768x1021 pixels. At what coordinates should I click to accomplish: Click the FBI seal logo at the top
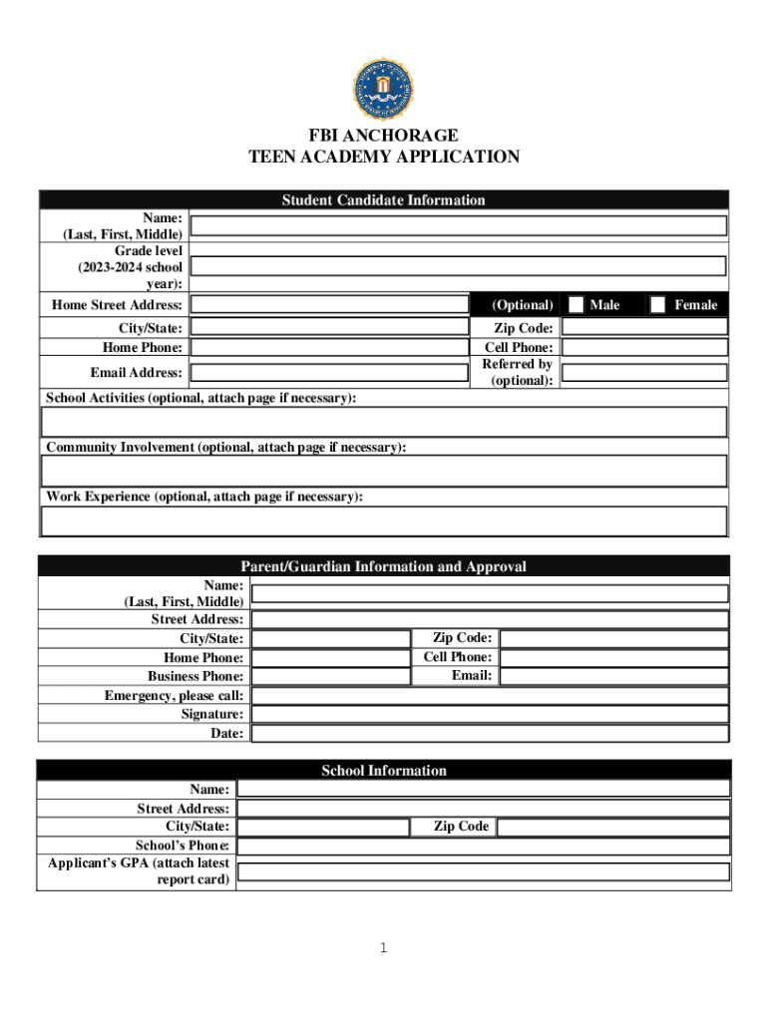(x=383, y=89)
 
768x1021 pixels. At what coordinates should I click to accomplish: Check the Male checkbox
(x=576, y=304)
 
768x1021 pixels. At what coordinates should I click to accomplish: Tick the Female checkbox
(x=658, y=304)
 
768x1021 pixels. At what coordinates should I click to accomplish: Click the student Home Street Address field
(x=329, y=304)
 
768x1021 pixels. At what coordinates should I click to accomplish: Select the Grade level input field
(x=458, y=266)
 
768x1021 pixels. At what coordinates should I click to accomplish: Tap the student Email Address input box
(x=329, y=373)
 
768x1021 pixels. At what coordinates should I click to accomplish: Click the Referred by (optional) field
(x=644, y=373)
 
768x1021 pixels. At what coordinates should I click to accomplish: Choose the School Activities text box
(x=384, y=422)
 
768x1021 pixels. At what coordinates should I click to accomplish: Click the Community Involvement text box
(x=384, y=471)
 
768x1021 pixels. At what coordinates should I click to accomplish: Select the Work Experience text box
(x=384, y=520)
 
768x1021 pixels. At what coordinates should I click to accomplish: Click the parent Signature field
(x=489, y=714)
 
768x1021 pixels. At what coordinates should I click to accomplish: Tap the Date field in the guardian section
(x=489, y=733)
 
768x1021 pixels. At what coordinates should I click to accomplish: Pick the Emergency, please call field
(x=489, y=695)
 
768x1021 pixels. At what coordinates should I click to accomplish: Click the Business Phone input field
(x=330, y=676)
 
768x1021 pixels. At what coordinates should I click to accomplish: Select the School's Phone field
(x=484, y=846)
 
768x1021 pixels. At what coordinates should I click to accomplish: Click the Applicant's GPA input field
(x=484, y=871)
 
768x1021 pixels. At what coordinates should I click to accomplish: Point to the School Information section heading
(x=384, y=771)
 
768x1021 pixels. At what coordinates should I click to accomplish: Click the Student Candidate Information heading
(x=384, y=200)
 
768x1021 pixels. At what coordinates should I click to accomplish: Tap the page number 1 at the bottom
(x=383, y=948)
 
